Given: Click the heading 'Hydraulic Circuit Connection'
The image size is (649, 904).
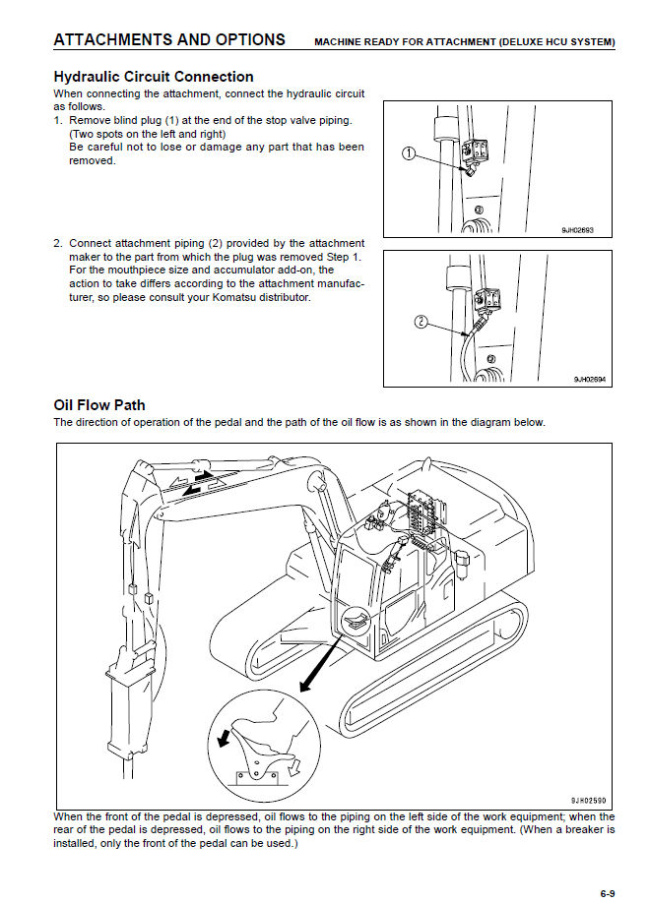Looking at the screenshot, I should (x=153, y=77).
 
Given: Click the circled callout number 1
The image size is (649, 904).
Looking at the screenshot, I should (x=410, y=152).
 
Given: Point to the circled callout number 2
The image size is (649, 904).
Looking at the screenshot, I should (x=420, y=321).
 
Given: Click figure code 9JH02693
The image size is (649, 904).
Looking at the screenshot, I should (x=577, y=230).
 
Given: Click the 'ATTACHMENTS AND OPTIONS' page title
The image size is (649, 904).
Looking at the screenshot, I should (x=169, y=40).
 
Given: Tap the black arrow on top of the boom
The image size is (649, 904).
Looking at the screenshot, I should (x=200, y=485).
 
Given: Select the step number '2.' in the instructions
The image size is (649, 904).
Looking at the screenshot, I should (x=59, y=243).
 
